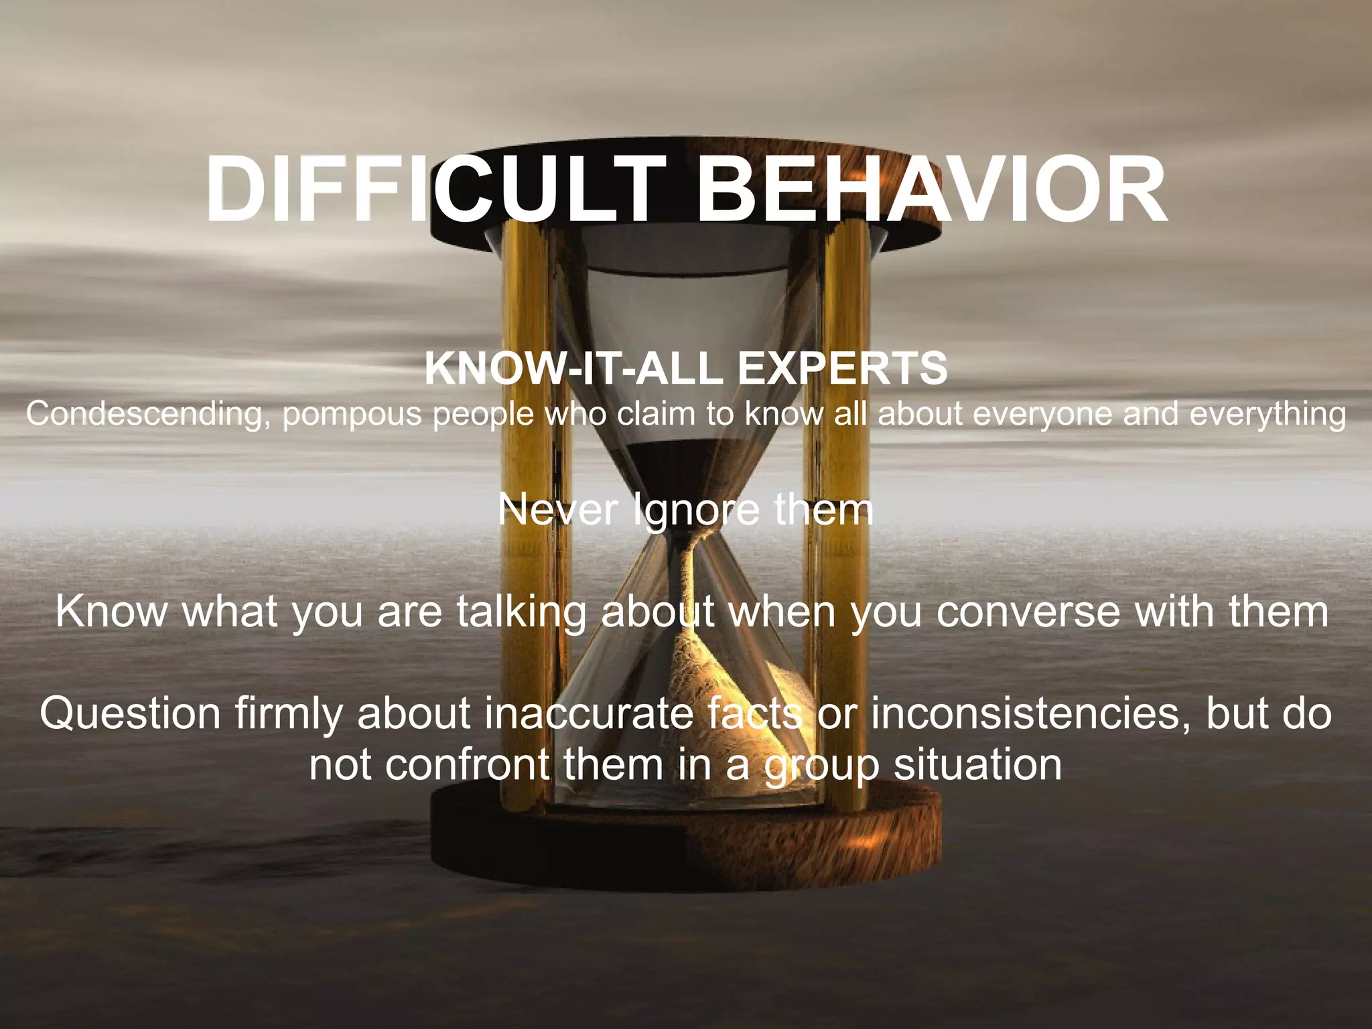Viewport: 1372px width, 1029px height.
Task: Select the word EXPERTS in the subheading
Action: coord(842,368)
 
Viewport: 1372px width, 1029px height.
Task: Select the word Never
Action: coord(557,510)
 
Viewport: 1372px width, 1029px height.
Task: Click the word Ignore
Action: coord(696,511)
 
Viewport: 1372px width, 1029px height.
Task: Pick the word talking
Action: coord(521,612)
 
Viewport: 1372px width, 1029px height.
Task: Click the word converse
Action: coord(1028,612)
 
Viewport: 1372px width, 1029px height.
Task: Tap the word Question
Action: coord(130,713)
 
